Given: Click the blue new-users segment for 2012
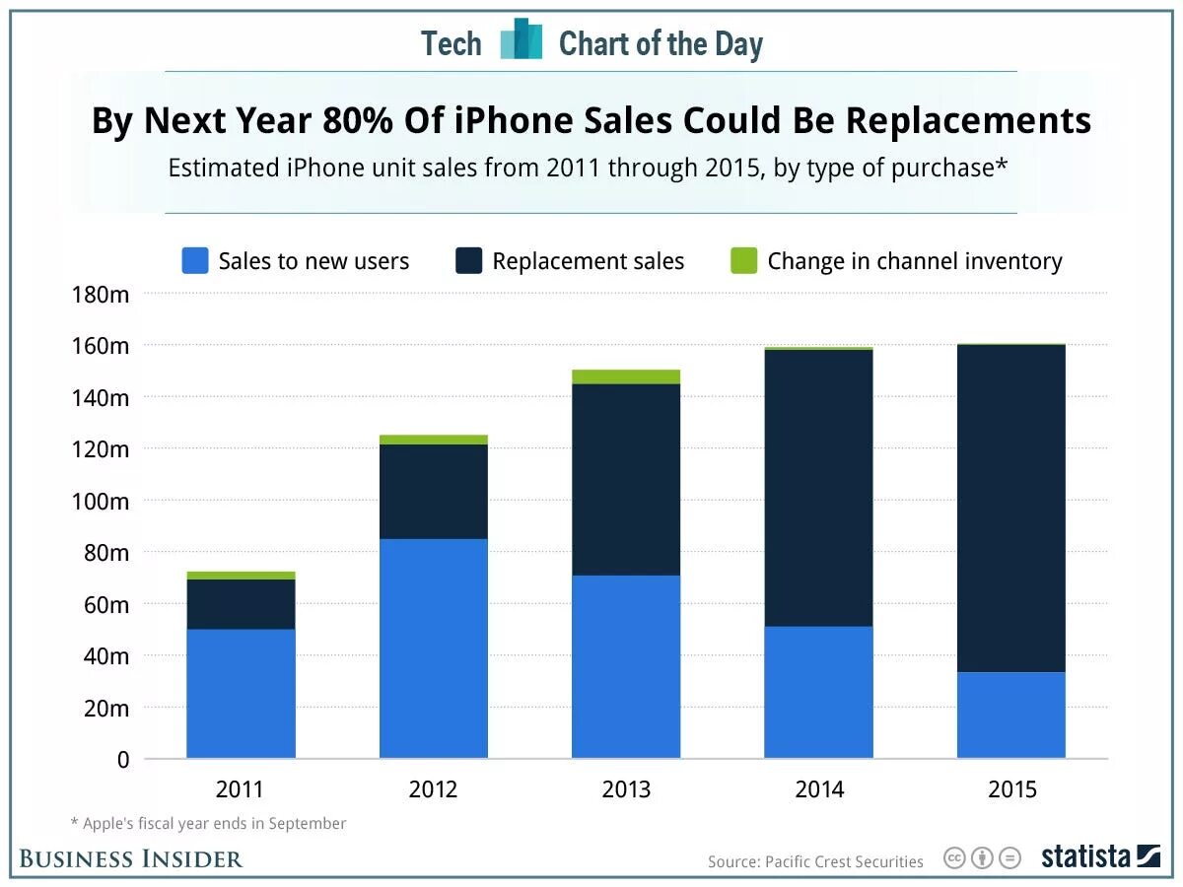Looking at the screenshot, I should coord(433,648).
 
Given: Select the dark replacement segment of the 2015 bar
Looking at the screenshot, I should coord(1010,508).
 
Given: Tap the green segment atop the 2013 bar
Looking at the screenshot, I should coord(626,376).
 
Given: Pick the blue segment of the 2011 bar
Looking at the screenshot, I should coord(241,693).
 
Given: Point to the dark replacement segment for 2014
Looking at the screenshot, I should coord(818,488).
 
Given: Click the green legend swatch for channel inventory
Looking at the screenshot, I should coord(744,261).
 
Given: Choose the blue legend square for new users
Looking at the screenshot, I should coord(195,261).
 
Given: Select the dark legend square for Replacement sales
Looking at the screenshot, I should coord(468,261).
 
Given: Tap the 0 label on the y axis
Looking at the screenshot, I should coord(122,760).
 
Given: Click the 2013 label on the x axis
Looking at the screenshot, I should coord(626,790).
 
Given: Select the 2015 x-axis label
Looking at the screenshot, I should coord(1010,790).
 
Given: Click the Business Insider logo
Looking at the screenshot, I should coord(131,858).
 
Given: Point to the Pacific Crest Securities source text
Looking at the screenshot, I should coord(815,861).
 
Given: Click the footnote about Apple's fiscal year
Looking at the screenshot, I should coord(208,823).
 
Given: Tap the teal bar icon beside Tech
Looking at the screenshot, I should coord(521,40).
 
